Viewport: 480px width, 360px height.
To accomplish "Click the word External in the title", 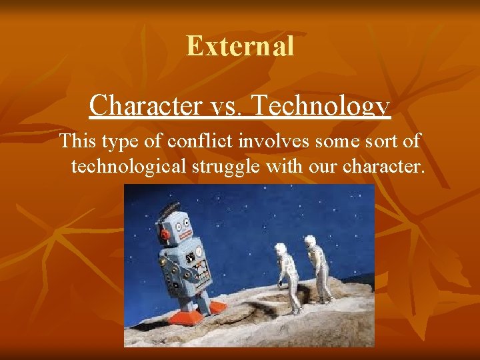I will point(240,46).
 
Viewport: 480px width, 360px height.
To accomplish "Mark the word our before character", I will point(323,166).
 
